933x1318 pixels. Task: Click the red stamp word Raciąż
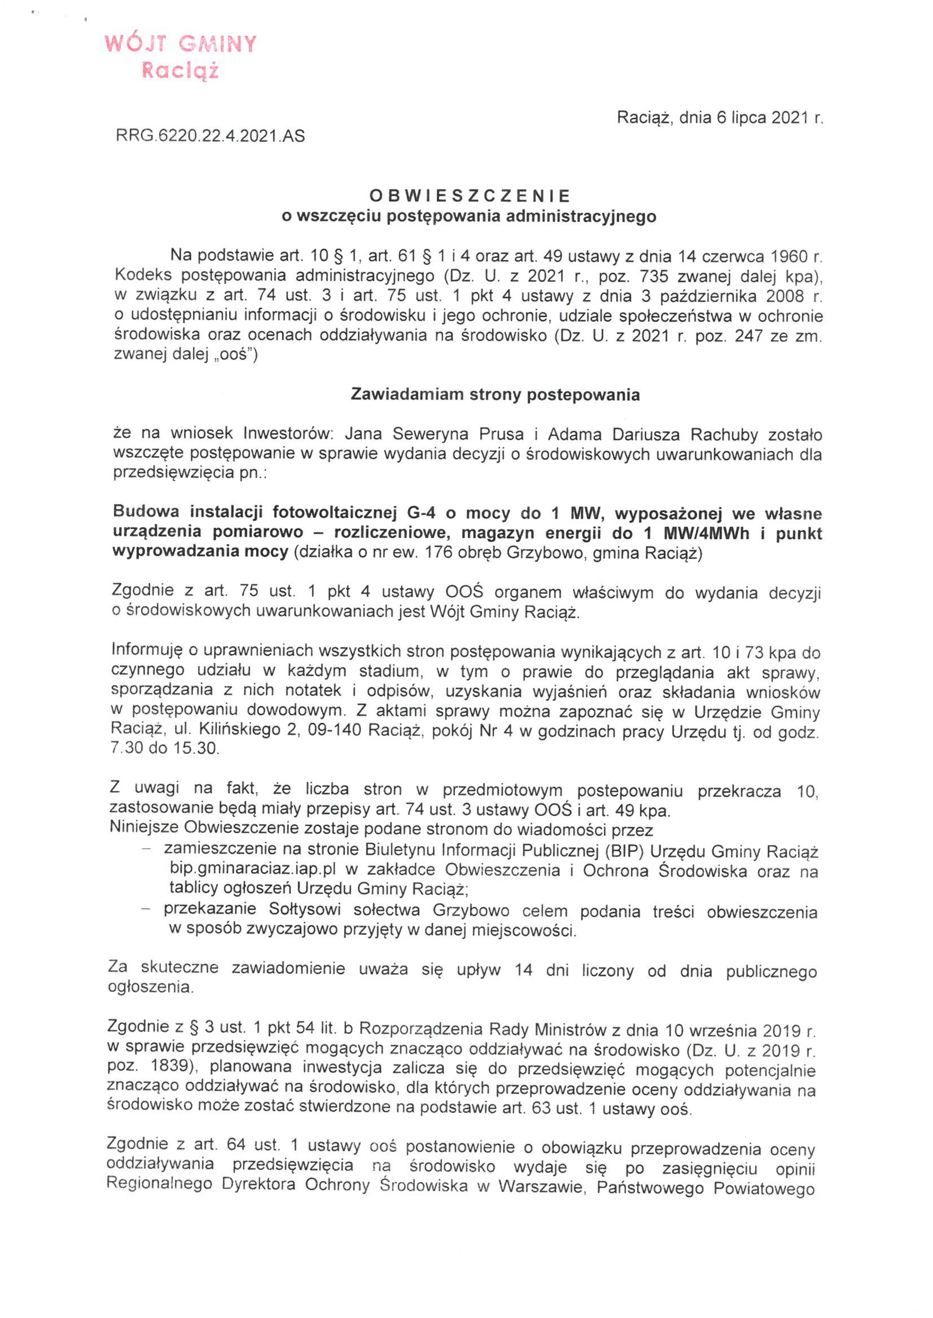pos(180,71)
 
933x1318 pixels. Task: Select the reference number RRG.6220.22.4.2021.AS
pos(210,136)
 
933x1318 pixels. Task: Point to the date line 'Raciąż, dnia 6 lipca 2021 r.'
pos(720,118)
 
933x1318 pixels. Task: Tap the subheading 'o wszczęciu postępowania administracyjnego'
pos(469,216)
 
